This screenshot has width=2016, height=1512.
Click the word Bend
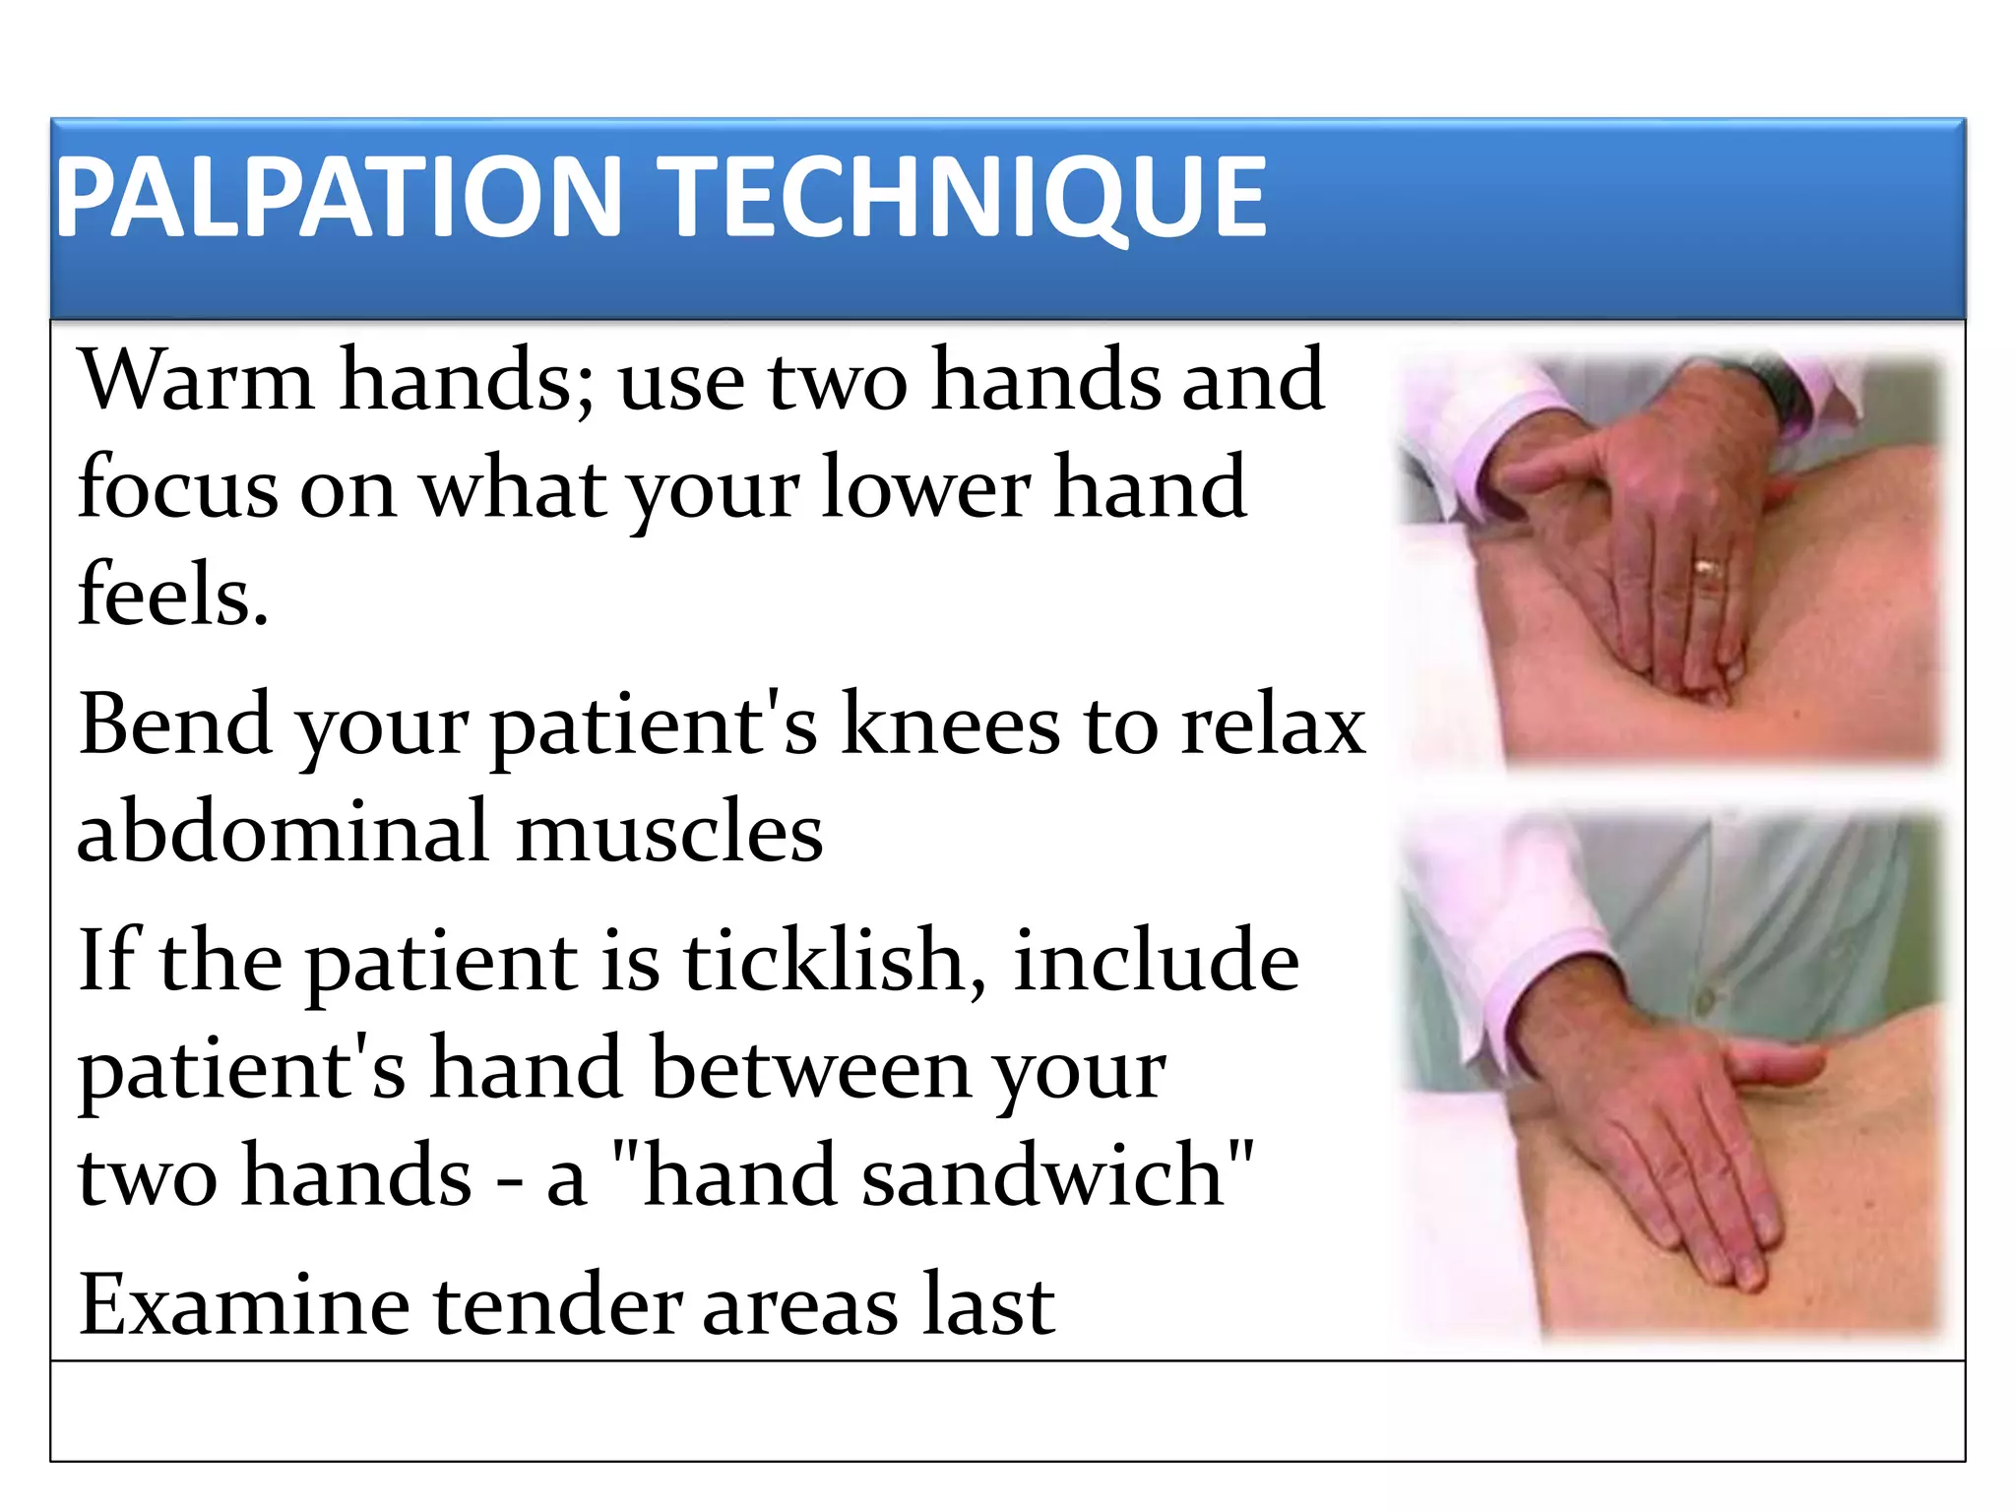175,724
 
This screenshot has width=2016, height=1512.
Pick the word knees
951,724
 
